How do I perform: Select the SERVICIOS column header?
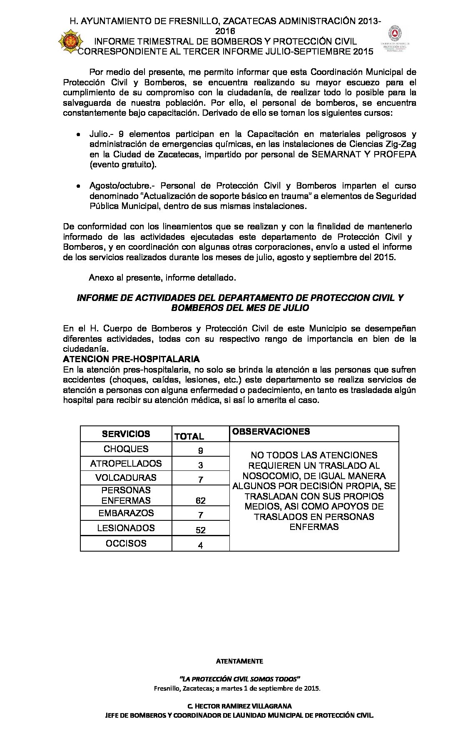(126, 434)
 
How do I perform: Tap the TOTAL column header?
(189, 436)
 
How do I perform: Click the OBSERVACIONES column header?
(271, 431)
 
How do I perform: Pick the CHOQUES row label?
(126, 449)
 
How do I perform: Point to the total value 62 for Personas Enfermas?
(200, 500)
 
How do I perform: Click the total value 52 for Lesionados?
(200, 530)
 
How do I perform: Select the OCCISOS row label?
(126, 543)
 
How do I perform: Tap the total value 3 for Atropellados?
(200, 465)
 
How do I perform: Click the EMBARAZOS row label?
(126, 513)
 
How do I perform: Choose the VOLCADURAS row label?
(126, 477)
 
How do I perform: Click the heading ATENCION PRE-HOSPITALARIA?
(131, 359)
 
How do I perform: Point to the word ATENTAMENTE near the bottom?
(239, 661)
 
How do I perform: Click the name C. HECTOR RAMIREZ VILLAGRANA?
(239, 706)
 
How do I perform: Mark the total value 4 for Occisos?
(200, 545)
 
